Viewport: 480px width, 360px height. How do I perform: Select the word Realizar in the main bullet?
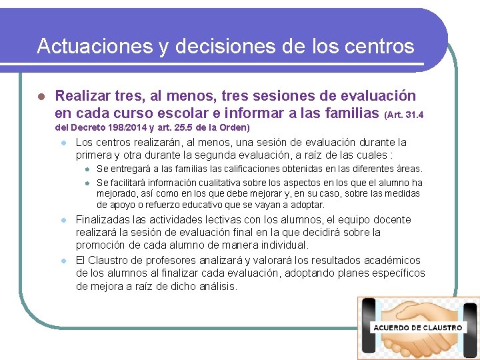pyautogui.click(x=82, y=97)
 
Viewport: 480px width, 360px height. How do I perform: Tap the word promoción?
pyautogui.click(x=101, y=245)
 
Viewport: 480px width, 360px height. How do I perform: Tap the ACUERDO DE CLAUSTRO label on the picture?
pyautogui.click(x=418, y=328)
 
